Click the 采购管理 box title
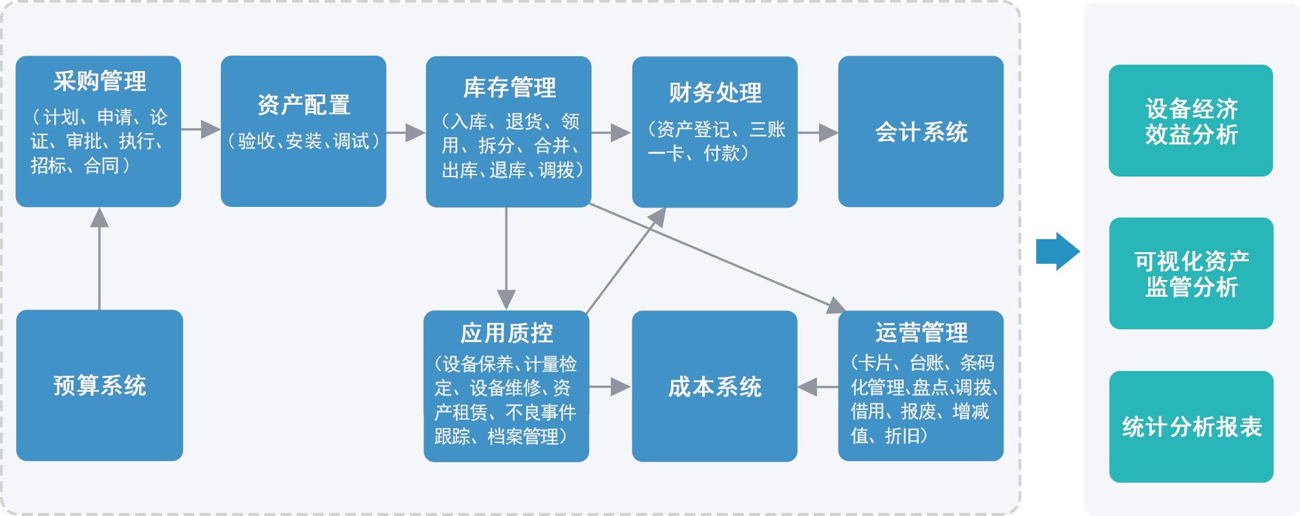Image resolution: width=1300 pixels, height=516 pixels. pyautogui.click(x=100, y=81)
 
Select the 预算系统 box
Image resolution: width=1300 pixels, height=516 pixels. pyautogui.click(x=100, y=385)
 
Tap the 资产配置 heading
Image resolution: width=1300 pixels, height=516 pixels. pyautogui.click(x=304, y=105)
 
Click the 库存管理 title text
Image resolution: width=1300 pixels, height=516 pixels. pyautogui.click(x=509, y=88)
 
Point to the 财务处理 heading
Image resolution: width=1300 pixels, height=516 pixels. pyautogui.click(x=715, y=93)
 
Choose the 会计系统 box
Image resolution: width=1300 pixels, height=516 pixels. pyautogui.click(x=921, y=132)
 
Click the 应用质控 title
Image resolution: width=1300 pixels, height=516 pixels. pyautogui.click(x=507, y=334)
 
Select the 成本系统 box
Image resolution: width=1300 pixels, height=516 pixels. pyautogui.click(x=714, y=387)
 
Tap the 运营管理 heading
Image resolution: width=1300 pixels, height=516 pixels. pyautogui.click(x=921, y=333)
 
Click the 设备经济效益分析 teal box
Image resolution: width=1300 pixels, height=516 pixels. pyautogui.click(x=1191, y=121)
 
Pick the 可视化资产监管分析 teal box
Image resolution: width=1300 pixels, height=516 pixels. pyautogui.click(x=1191, y=274)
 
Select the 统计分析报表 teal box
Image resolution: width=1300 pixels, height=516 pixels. pyautogui.click(x=1191, y=427)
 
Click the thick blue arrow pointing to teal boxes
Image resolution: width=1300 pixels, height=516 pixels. pyautogui.click(x=1057, y=251)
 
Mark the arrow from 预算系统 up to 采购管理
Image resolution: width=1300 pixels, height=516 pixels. pyautogui.click(x=100, y=259)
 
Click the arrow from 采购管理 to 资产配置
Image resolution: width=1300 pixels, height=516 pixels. pyautogui.click(x=201, y=129)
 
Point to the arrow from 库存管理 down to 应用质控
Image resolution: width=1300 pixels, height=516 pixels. pyautogui.click(x=506, y=259)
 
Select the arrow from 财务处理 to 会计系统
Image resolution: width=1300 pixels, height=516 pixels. pyautogui.click(x=818, y=133)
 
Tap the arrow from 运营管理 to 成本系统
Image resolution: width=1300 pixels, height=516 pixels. pyautogui.click(x=818, y=387)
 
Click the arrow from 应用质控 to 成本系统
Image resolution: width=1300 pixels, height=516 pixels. pyautogui.click(x=610, y=387)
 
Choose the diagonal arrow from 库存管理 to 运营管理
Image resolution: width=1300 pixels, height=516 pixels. pyautogui.click(x=718, y=255)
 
